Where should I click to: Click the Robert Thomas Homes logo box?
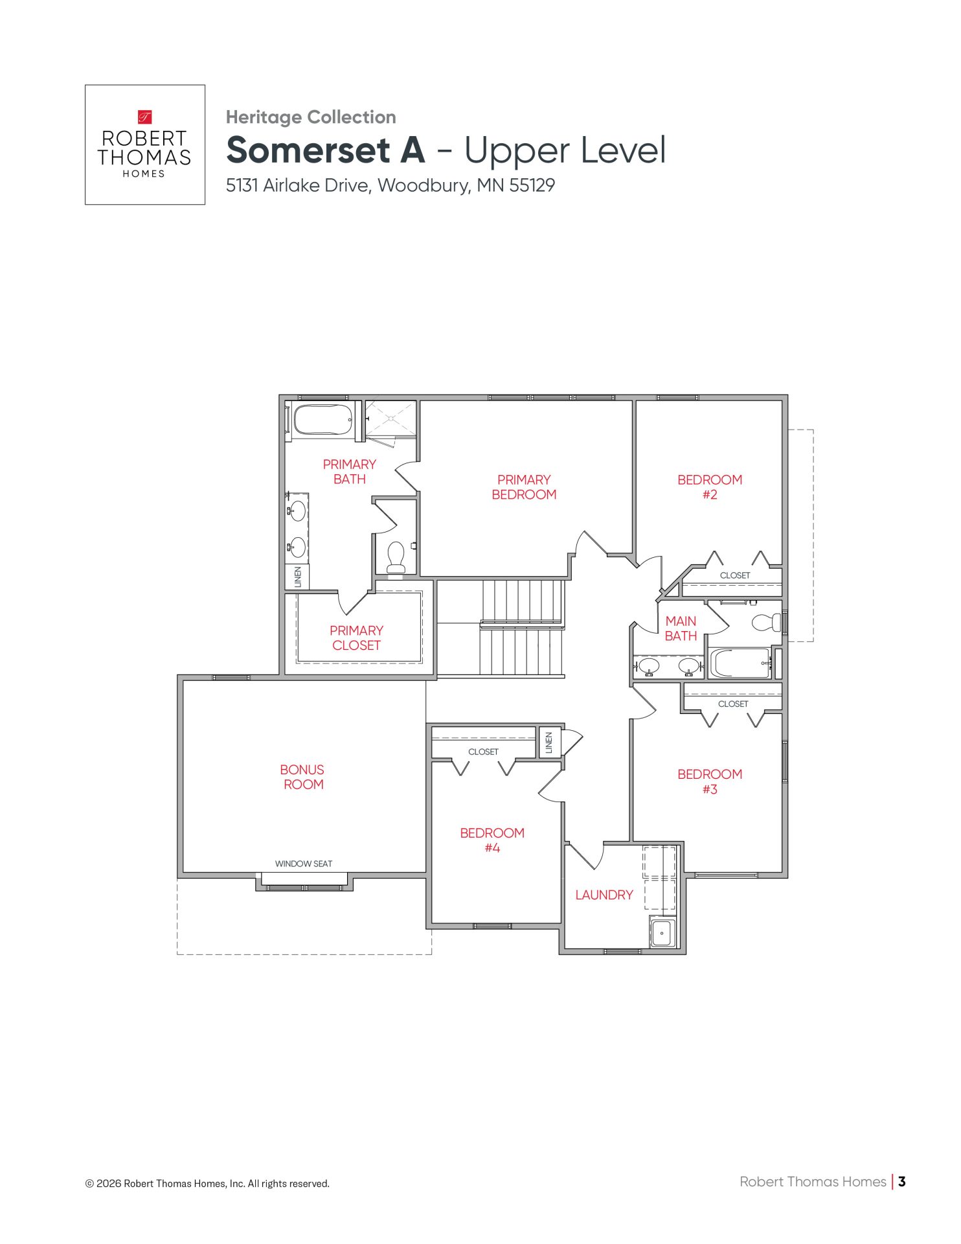pyautogui.click(x=145, y=144)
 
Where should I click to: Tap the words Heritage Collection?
pyautogui.click(x=311, y=117)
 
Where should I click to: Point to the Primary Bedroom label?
pyautogui.click(x=524, y=487)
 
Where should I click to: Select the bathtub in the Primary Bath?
pyautogui.click(x=323, y=420)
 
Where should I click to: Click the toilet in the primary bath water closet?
pyautogui.click(x=396, y=557)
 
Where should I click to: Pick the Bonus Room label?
pyautogui.click(x=302, y=777)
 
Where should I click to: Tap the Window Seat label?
pyautogui.click(x=304, y=864)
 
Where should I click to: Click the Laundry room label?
pyautogui.click(x=604, y=895)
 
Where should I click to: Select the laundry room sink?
pyautogui.click(x=662, y=933)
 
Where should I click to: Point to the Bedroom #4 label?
pyautogui.click(x=492, y=840)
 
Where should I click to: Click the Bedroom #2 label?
pyautogui.click(x=710, y=487)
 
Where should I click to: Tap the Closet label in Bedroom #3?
pyautogui.click(x=733, y=704)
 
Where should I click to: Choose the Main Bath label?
pyautogui.click(x=681, y=628)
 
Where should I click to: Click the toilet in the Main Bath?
pyautogui.click(x=767, y=623)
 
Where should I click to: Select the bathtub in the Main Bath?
pyautogui.click(x=740, y=663)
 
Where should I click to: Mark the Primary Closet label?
pyautogui.click(x=356, y=638)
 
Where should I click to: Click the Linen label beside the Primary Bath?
pyautogui.click(x=298, y=577)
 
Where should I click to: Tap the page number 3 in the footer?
pyautogui.click(x=902, y=1181)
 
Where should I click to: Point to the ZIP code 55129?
pyautogui.click(x=532, y=185)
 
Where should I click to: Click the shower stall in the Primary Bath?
pyautogui.click(x=390, y=419)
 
